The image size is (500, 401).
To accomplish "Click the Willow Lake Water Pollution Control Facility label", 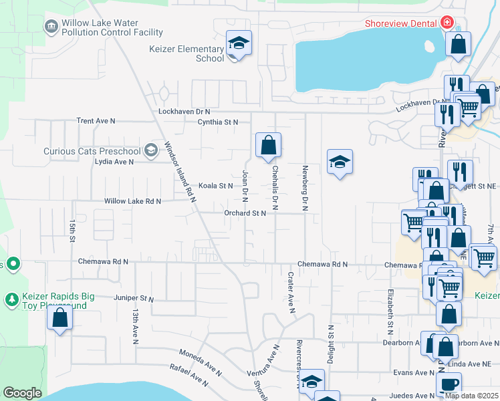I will pyautogui.click(x=112, y=27).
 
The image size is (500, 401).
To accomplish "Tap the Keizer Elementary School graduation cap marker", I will pyautogui.click(x=239, y=43).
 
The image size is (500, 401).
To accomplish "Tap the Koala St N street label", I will pyautogui.click(x=216, y=186).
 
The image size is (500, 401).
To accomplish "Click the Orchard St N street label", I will pyautogui.click(x=245, y=213).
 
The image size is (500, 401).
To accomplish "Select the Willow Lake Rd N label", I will pyautogui.click(x=133, y=200).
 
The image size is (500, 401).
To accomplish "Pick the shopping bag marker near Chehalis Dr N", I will pyautogui.click(x=268, y=145).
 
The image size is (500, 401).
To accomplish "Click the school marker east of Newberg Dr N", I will pyautogui.click(x=340, y=162).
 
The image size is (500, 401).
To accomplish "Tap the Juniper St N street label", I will pyautogui.click(x=134, y=298).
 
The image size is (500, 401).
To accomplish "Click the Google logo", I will pyautogui.click(x=22, y=392).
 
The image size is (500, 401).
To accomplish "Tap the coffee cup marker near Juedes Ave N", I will pyautogui.click(x=449, y=384).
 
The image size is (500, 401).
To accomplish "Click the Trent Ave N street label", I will pyautogui.click(x=96, y=121).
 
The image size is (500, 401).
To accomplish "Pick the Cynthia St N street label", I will pyautogui.click(x=218, y=122).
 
